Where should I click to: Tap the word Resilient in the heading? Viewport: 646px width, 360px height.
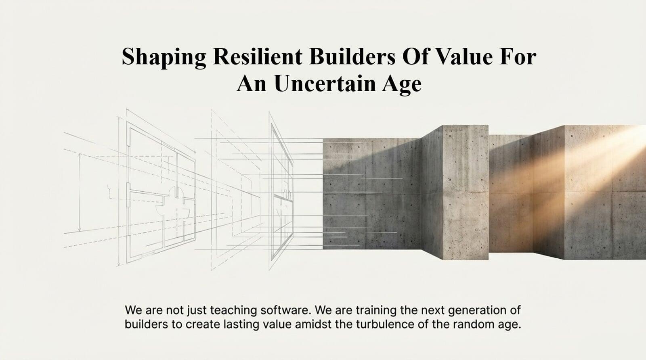(258, 56)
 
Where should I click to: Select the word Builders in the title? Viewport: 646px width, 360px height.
(352, 56)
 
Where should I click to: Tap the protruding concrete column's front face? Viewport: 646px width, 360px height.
(466, 192)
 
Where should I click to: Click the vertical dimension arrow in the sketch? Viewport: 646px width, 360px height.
(80, 193)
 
